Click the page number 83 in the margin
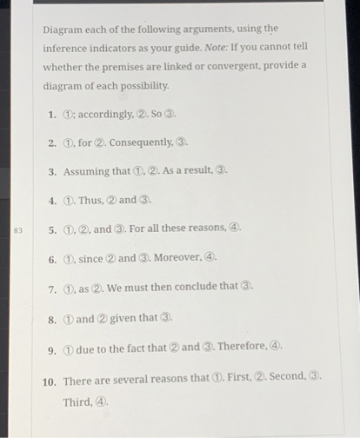(17, 230)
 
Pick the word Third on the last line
(76, 401)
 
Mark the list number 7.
(52, 289)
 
